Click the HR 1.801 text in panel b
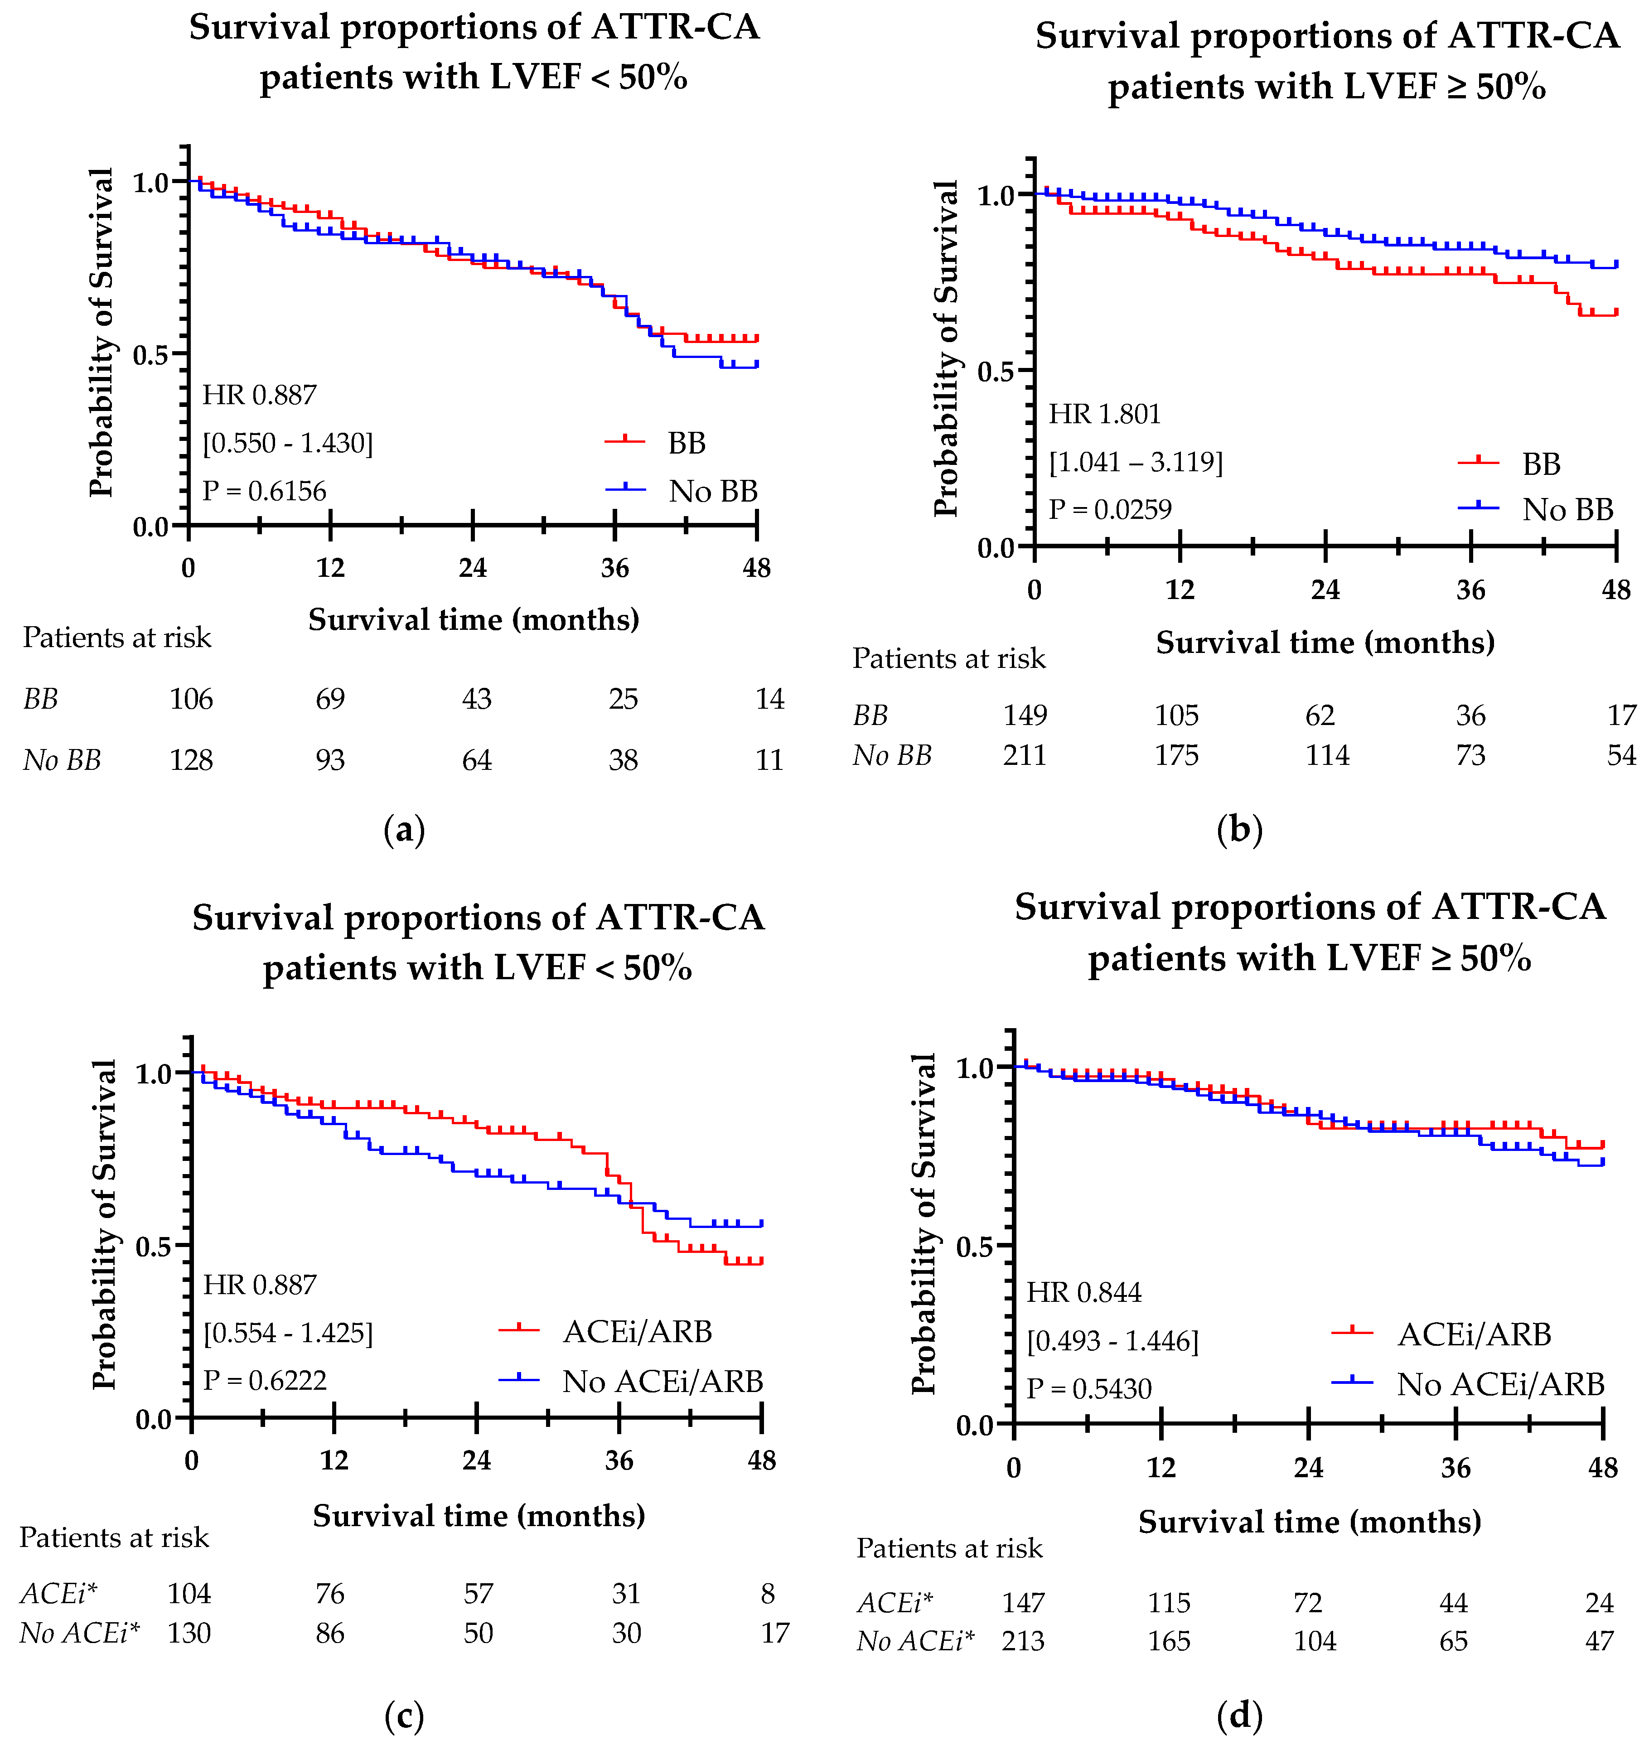(1104, 414)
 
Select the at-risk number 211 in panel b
(1025, 755)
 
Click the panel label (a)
(404, 830)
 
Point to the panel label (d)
(1239, 1714)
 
